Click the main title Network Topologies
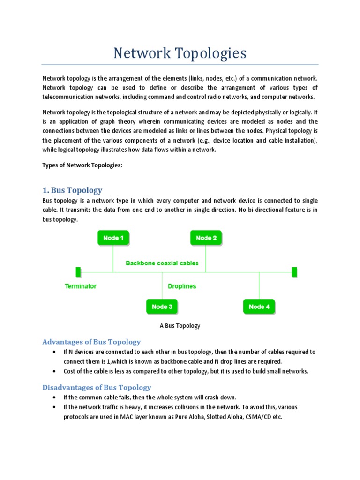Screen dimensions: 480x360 coord(180,53)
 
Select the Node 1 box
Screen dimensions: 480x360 coord(113,238)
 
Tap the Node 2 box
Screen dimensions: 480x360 coord(206,238)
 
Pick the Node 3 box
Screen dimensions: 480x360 coord(162,307)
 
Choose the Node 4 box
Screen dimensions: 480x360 coord(259,307)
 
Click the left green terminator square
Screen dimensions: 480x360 coord(78,272)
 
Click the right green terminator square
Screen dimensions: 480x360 coord(294,272)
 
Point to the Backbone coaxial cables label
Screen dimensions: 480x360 coord(162,263)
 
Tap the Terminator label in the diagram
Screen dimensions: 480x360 coord(81,286)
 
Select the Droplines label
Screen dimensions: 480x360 coord(182,286)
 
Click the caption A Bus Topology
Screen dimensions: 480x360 coord(180,326)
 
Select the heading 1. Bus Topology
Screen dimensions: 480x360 coord(72,190)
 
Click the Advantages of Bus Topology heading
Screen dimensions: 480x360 coord(91,342)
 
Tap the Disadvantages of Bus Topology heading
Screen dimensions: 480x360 coord(97,387)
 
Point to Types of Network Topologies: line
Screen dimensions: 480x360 coord(82,165)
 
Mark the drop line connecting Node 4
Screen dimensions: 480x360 coord(259,285)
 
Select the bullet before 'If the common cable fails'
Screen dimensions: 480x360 coord(54,397)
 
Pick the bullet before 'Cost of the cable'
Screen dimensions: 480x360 coord(54,371)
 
